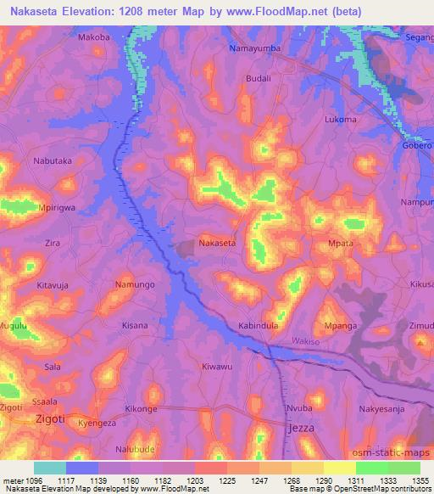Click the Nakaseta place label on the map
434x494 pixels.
tap(217, 243)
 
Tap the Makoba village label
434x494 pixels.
tap(94, 38)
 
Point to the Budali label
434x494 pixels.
tap(258, 77)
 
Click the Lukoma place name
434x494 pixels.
tap(341, 120)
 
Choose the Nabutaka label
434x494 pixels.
tap(53, 160)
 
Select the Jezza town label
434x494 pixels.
tap(301, 428)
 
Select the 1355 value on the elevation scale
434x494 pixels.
tap(420, 480)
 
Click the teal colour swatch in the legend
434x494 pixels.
tap(49, 468)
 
